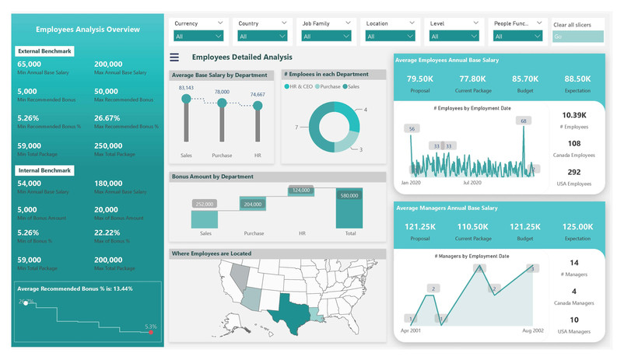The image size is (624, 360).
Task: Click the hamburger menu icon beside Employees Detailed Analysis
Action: [x=174, y=58]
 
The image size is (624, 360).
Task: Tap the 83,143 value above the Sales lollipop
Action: [x=186, y=88]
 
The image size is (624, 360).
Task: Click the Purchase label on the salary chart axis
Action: [x=222, y=156]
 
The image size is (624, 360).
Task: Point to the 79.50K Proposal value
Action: [x=419, y=79]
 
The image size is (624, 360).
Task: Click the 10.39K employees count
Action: [x=573, y=115]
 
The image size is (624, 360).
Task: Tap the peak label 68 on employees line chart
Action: [x=524, y=121]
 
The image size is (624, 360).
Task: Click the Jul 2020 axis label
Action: [x=472, y=183]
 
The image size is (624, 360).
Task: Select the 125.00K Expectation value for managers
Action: [x=577, y=226]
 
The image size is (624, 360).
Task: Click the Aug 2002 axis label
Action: [x=532, y=330]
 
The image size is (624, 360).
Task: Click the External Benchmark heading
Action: [x=45, y=51]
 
